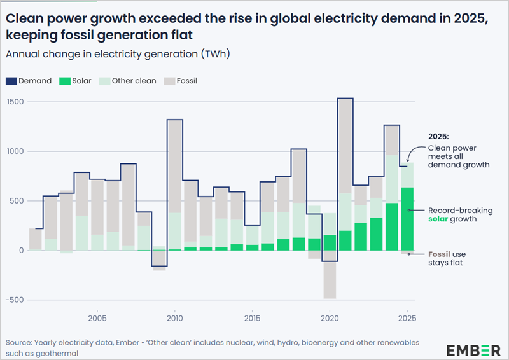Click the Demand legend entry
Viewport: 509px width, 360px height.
29,81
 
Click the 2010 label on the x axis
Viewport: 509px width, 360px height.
175,317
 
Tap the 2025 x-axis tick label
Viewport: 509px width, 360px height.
407,317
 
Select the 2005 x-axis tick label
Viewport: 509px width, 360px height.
97,317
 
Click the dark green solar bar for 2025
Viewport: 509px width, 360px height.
407,219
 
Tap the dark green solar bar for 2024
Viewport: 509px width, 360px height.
391,226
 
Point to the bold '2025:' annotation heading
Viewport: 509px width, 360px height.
438,137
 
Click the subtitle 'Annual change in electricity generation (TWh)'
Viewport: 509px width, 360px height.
118,54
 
